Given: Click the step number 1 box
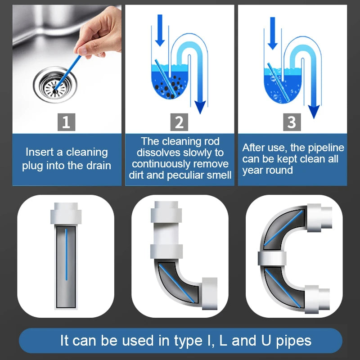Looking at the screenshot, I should pos(66,122).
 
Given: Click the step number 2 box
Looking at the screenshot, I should pos(179,122).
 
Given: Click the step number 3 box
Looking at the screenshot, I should pos(292,122).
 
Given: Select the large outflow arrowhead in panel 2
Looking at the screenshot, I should pos(200,108).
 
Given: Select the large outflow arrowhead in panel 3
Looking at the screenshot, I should pos(314,111).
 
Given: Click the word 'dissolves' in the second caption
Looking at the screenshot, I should pos(159,153).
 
